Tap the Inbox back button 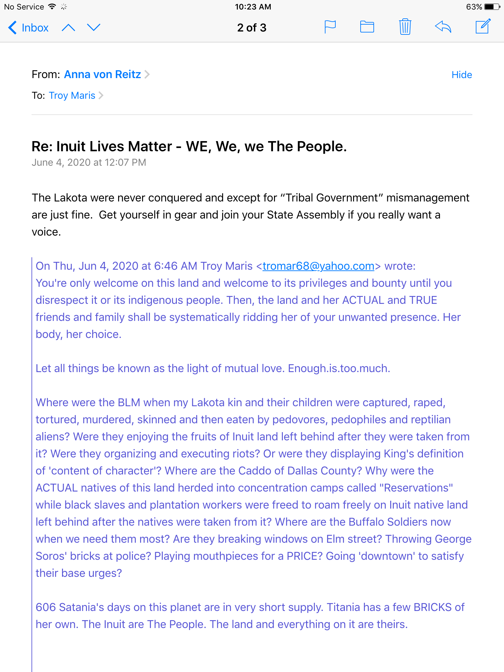[x=29, y=28]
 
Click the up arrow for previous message [x=68, y=28]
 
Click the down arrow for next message [x=94, y=28]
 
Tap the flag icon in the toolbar [x=330, y=27]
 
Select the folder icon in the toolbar [x=367, y=27]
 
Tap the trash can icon [x=405, y=27]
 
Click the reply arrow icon [x=443, y=27]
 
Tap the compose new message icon [x=483, y=26]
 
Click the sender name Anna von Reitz [x=102, y=74]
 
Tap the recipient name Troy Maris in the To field [x=72, y=95]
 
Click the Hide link [x=462, y=75]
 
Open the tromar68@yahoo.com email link [x=318, y=266]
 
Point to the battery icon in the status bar [x=492, y=7]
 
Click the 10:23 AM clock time [x=253, y=7]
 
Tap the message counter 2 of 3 [x=252, y=28]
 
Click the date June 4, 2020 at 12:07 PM [x=89, y=162]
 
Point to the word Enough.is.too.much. [x=339, y=368]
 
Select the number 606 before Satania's [x=46, y=607]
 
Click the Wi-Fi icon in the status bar [x=52, y=7]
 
